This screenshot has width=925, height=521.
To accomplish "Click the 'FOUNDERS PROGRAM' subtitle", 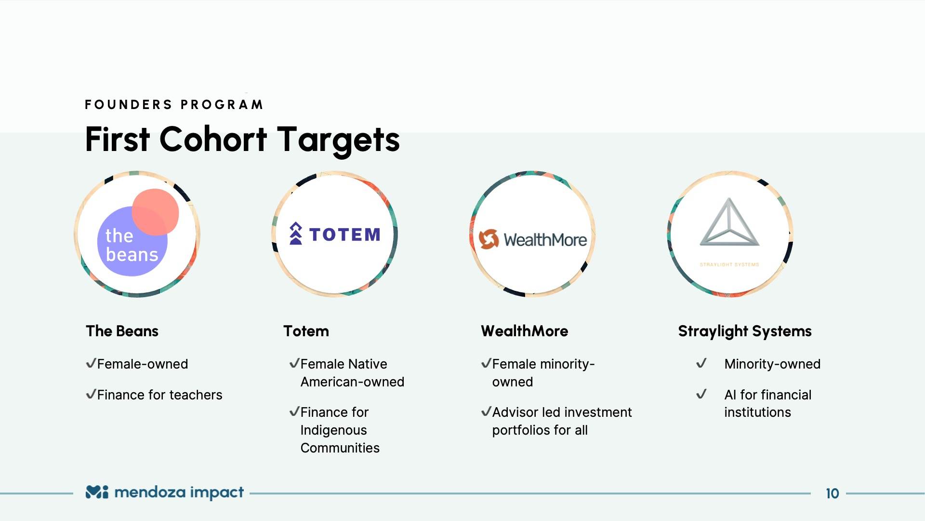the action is tap(174, 105).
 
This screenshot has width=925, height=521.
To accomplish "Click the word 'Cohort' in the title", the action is tap(213, 139).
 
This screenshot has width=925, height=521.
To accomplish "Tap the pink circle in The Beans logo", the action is tap(156, 212).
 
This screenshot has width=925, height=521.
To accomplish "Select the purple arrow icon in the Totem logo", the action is tap(296, 233).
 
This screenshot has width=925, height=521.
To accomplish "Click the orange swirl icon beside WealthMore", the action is tap(489, 239).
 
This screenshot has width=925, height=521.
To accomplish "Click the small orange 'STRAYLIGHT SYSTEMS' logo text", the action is tap(729, 264).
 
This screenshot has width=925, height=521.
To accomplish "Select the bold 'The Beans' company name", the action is tap(122, 331).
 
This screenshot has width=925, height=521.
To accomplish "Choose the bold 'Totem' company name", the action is tap(306, 331).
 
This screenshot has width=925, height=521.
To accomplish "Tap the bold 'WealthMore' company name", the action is tap(525, 331).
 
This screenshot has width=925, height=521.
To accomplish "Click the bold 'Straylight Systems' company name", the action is tap(745, 331).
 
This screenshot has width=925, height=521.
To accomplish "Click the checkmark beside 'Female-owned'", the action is tap(91, 363).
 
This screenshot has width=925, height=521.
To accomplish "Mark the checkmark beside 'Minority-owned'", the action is tap(701, 363).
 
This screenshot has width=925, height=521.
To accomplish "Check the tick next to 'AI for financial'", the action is tap(701, 394).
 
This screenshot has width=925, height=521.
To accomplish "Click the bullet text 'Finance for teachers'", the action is tap(159, 395).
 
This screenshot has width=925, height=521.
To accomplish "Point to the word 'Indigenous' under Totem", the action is tap(333, 430).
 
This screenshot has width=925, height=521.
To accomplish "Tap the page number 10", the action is tap(832, 494).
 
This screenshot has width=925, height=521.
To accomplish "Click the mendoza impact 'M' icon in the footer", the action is tap(97, 492).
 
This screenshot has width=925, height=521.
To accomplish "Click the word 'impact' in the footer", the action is tap(217, 493).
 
